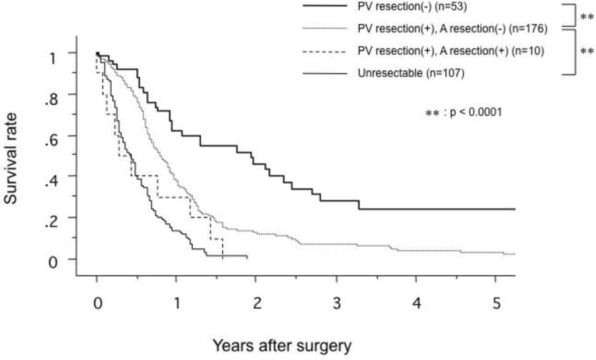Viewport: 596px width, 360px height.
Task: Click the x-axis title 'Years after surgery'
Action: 282,347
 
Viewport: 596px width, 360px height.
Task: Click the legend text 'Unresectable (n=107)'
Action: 404,73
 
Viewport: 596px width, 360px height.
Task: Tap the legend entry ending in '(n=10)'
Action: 451,51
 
